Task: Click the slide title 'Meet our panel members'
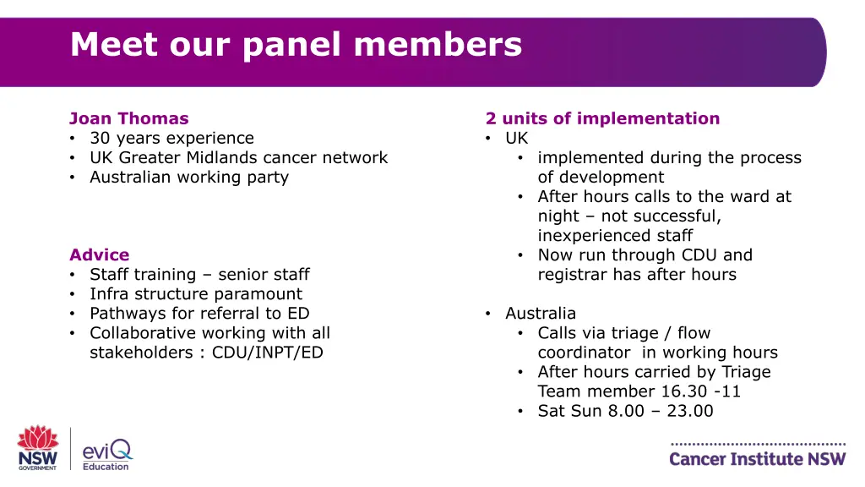coord(296,44)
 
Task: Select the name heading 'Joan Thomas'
coord(128,118)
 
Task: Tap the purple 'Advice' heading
coord(99,254)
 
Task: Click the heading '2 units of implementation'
coord(602,118)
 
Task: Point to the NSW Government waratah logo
coord(37,447)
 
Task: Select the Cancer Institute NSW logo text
coord(757,459)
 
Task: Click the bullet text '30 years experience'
coord(171,138)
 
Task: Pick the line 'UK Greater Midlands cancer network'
coord(238,157)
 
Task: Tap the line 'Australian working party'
coord(189,177)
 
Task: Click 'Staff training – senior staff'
coord(199,274)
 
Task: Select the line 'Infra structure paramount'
coord(195,293)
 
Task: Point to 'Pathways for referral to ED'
coord(199,313)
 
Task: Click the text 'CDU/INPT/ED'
coord(267,352)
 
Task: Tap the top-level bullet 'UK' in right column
coord(516,138)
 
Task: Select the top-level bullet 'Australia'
coord(541,313)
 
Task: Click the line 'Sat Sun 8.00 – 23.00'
coord(625,411)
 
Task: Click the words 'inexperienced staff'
coord(615,235)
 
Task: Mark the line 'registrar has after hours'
coord(637,274)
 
